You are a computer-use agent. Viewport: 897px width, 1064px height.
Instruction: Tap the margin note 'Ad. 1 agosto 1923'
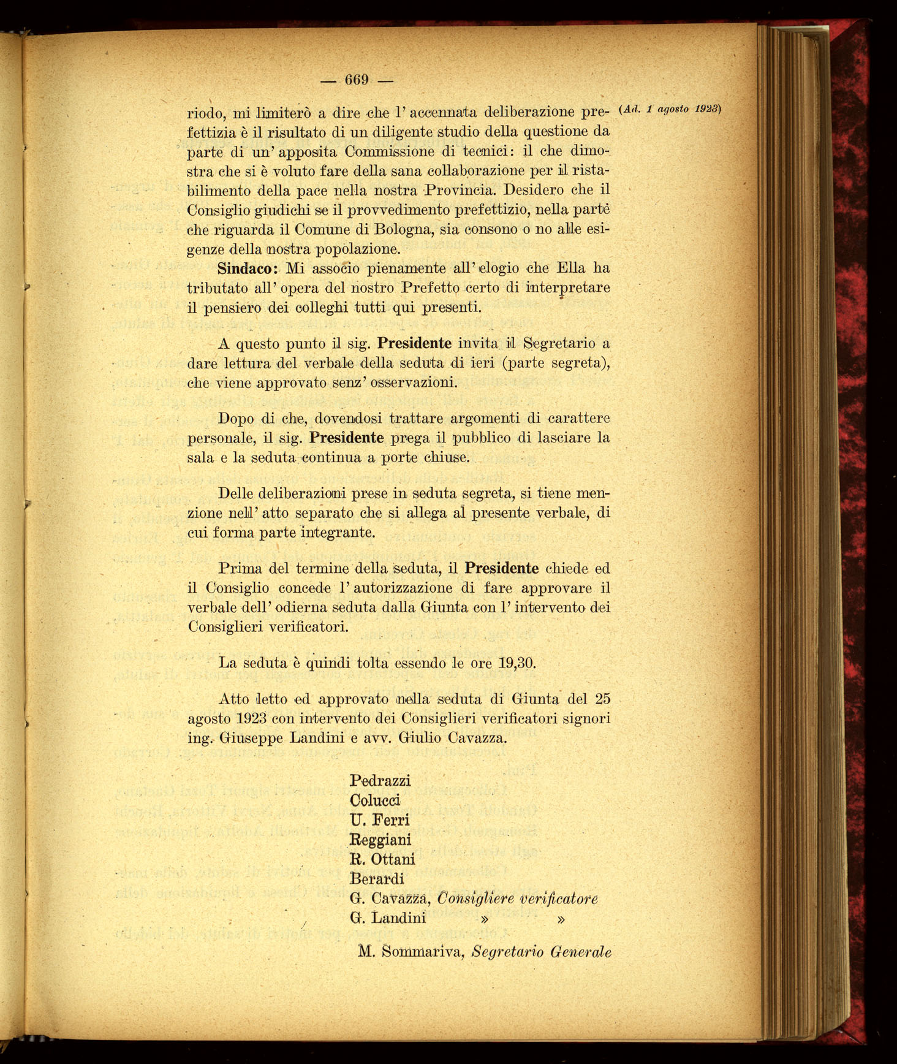tap(671, 109)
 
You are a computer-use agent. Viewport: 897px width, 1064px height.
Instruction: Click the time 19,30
tap(517, 663)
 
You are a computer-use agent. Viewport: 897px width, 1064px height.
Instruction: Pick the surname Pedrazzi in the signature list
tap(380, 781)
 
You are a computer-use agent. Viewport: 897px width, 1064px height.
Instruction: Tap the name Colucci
tap(375, 800)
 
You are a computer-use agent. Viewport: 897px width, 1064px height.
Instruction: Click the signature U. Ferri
tap(379, 820)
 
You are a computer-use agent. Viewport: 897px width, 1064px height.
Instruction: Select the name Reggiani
tap(380, 840)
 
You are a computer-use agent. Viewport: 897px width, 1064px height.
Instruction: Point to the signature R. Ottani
tap(382, 859)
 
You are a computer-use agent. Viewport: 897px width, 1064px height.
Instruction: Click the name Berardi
tap(377, 879)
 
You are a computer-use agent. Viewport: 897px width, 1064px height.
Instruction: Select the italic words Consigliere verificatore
tap(518, 899)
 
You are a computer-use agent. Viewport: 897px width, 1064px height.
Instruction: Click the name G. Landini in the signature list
tap(387, 918)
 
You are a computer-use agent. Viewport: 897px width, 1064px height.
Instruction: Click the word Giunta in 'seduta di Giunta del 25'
tap(535, 699)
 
